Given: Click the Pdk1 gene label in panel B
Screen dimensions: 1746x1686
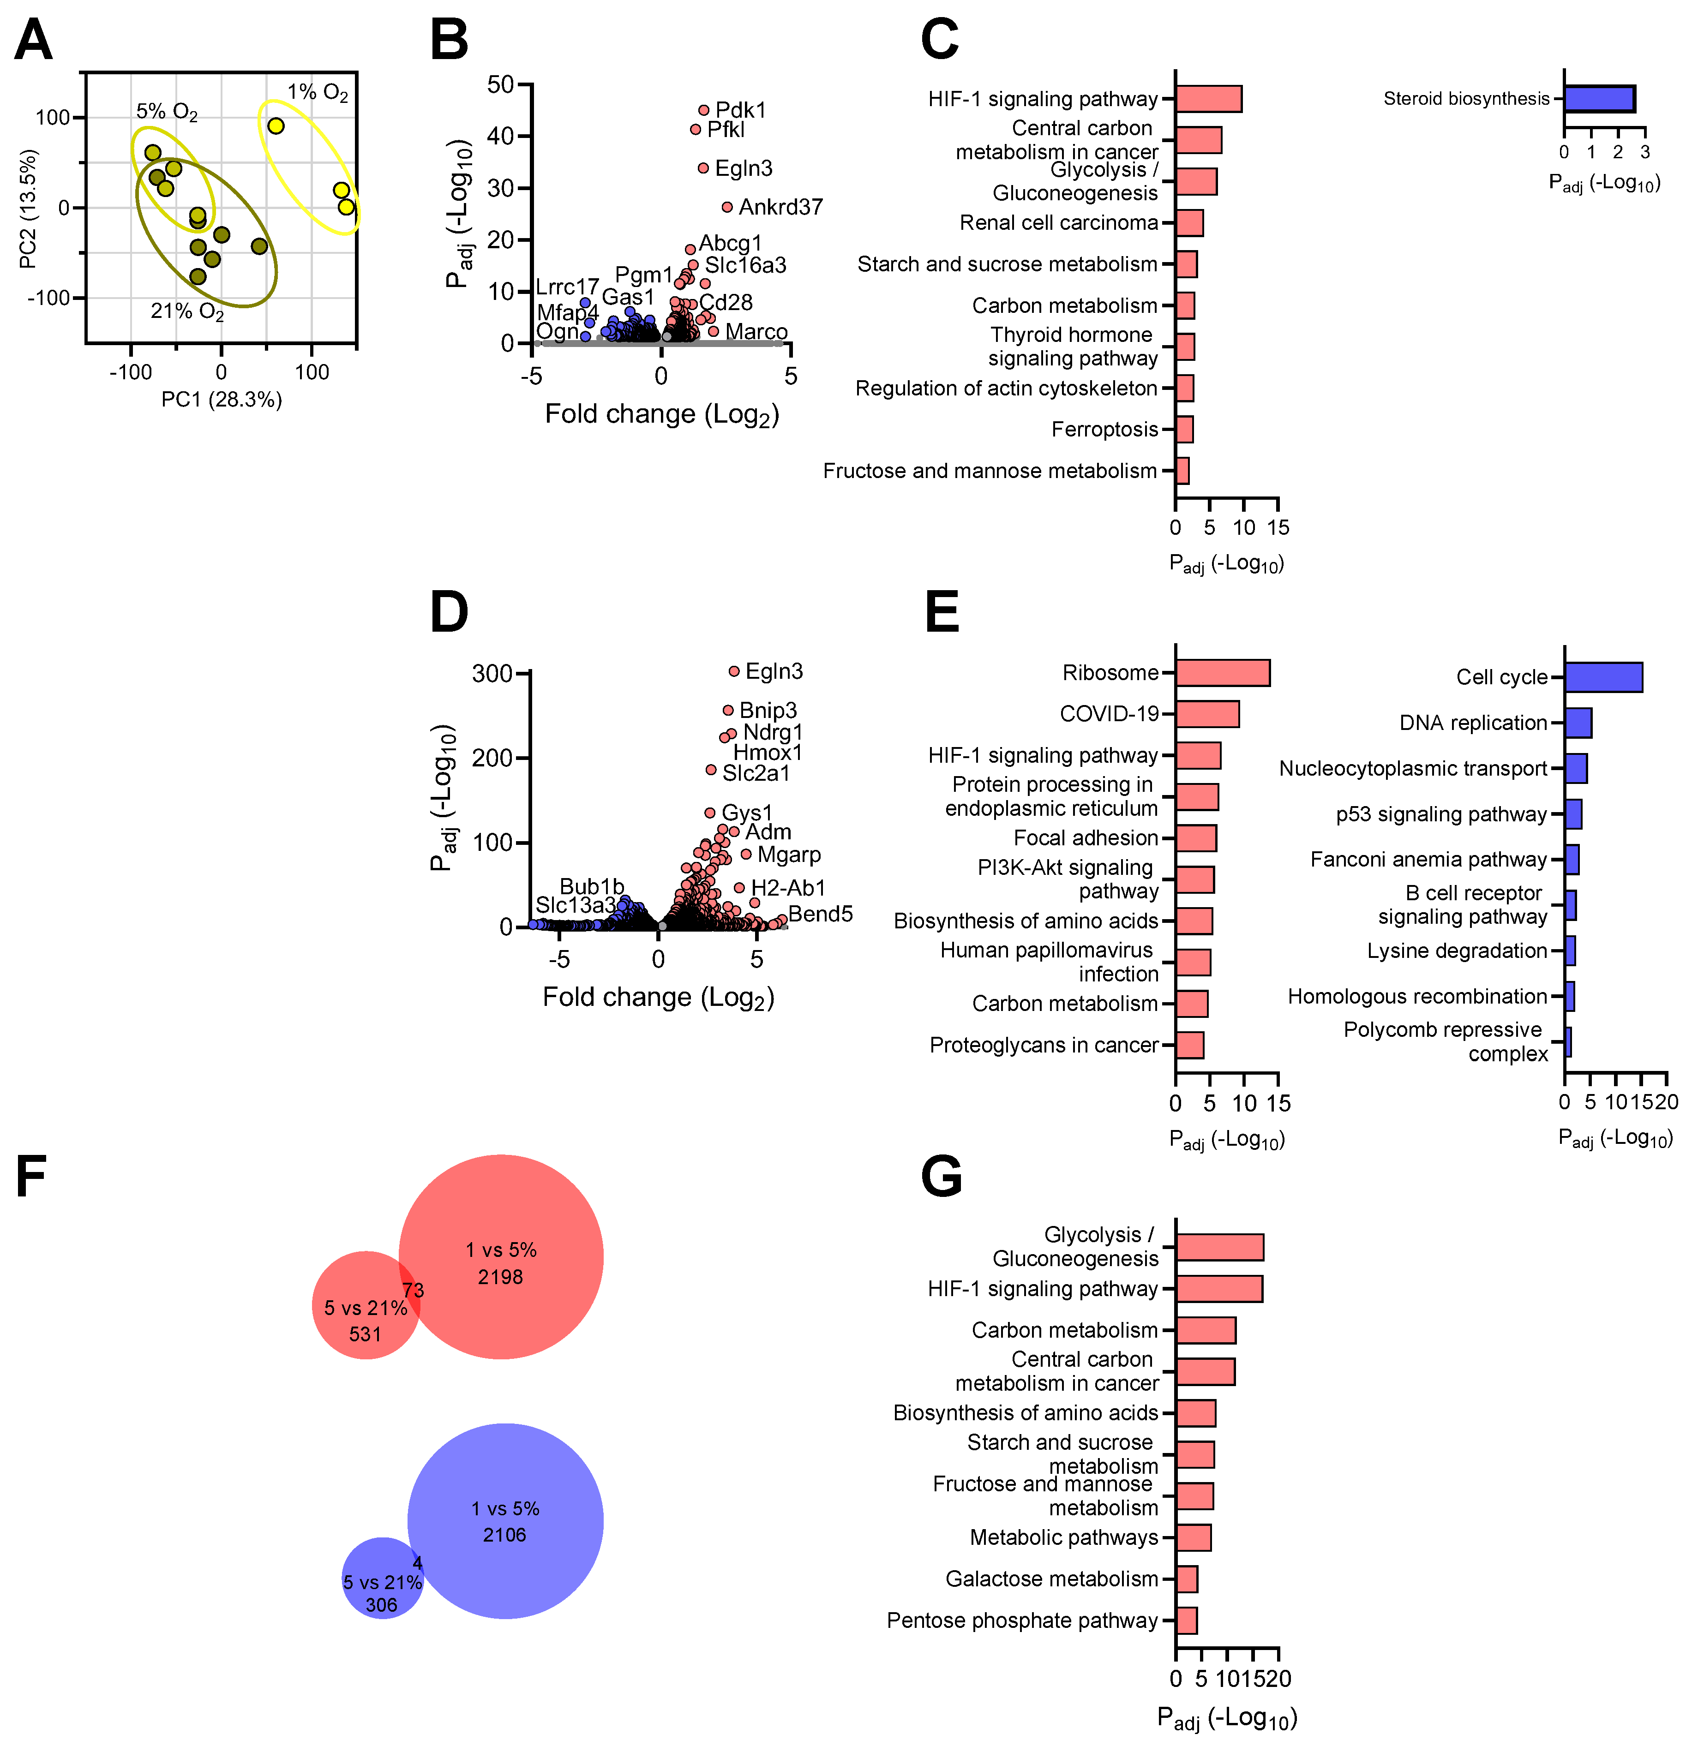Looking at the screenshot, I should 740,109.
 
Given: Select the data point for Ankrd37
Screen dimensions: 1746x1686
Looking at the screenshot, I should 727,207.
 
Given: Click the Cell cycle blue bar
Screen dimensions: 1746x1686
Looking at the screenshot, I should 1603,677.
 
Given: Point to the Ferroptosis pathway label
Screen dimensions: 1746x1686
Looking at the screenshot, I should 1104,430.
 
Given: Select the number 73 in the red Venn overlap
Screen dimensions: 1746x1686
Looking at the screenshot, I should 413,1290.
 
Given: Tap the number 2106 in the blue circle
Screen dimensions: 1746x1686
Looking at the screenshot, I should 504,1534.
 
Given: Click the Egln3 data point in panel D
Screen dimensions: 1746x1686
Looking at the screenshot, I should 734,671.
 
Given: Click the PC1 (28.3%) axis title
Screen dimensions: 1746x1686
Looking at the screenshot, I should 221,400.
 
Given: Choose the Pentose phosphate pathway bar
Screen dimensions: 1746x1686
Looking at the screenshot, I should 1186,1620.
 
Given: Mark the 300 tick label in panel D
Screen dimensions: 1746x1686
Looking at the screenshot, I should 492,674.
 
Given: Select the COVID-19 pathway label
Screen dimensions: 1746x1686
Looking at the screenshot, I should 1109,713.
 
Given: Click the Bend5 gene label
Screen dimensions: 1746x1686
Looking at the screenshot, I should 820,914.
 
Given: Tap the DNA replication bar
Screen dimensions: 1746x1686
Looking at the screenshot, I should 1578,723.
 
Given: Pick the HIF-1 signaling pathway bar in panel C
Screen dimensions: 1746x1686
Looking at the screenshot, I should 1208,99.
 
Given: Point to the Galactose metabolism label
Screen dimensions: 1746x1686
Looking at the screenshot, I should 1051,1579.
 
